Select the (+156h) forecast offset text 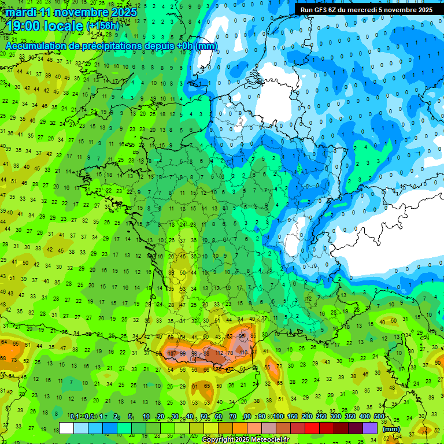pyautogui.click(x=102, y=26)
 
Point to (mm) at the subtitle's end pyautogui.click(x=206, y=46)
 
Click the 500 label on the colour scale pyautogui.click(x=379, y=417)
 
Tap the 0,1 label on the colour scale pyautogui.click(x=75, y=417)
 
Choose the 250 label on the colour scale pyautogui.click(x=321, y=417)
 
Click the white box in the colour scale pyautogui.click(x=66, y=428)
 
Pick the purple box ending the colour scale pyautogui.click(x=370, y=428)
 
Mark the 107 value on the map pyautogui.click(x=172, y=353)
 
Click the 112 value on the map pyautogui.click(x=219, y=353)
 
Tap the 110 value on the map pyautogui.click(x=243, y=353)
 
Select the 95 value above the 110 pyautogui.click(x=242, y=336)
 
